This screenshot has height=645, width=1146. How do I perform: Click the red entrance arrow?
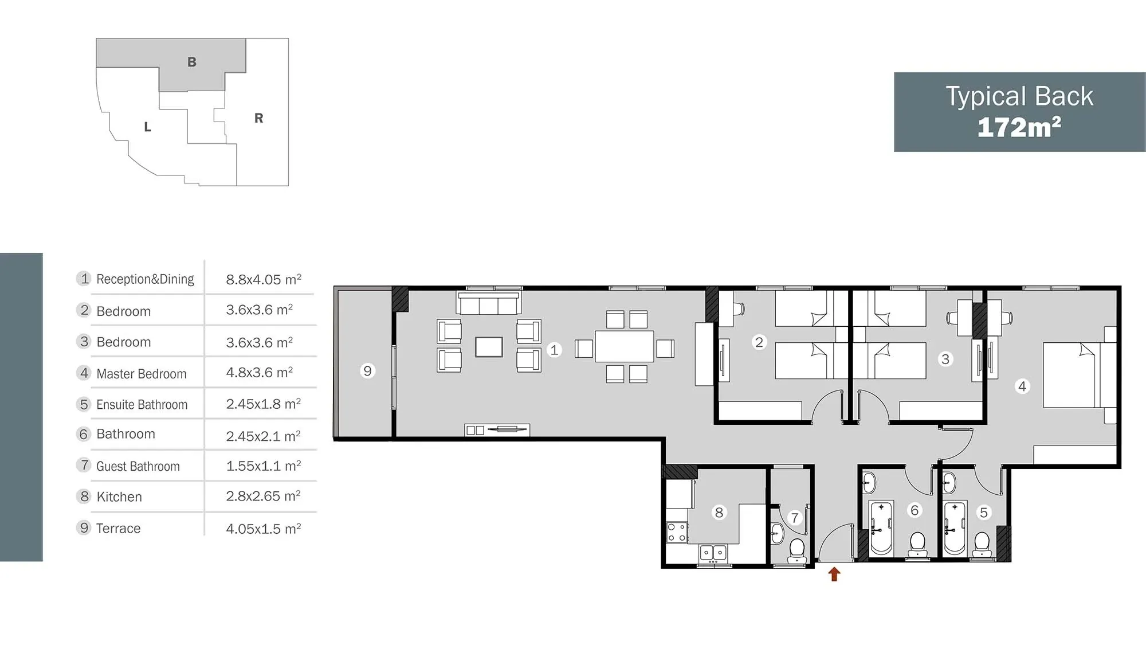(834, 574)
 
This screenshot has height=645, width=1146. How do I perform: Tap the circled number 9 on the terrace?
(367, 371)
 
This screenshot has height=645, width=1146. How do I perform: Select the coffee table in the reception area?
(489, 347)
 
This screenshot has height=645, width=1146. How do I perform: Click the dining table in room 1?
(625, 346)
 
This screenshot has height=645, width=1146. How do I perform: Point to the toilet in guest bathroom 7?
(797, 550)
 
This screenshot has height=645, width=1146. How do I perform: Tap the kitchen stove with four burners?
(677, 532)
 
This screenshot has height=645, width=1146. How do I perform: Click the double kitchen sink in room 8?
(713, 553)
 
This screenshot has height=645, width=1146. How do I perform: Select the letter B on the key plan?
(192, 62)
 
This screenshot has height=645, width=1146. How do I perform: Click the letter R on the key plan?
(259, 118)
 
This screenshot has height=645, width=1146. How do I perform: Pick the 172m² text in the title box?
(1019, 127)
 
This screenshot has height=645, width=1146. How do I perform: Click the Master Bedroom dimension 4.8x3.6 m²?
(260, 373)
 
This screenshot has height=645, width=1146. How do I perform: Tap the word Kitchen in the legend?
(119, 497)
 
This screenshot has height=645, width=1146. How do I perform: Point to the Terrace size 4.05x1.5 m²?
(264, 528)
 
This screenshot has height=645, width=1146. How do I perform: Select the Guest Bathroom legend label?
(138, 466)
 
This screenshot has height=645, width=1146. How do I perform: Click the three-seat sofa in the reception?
(489, 303)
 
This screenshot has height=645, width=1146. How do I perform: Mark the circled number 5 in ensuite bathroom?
(984, 513)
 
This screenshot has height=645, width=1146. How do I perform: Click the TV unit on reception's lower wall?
(497, 429)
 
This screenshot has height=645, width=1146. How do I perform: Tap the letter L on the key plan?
(148, 127)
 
